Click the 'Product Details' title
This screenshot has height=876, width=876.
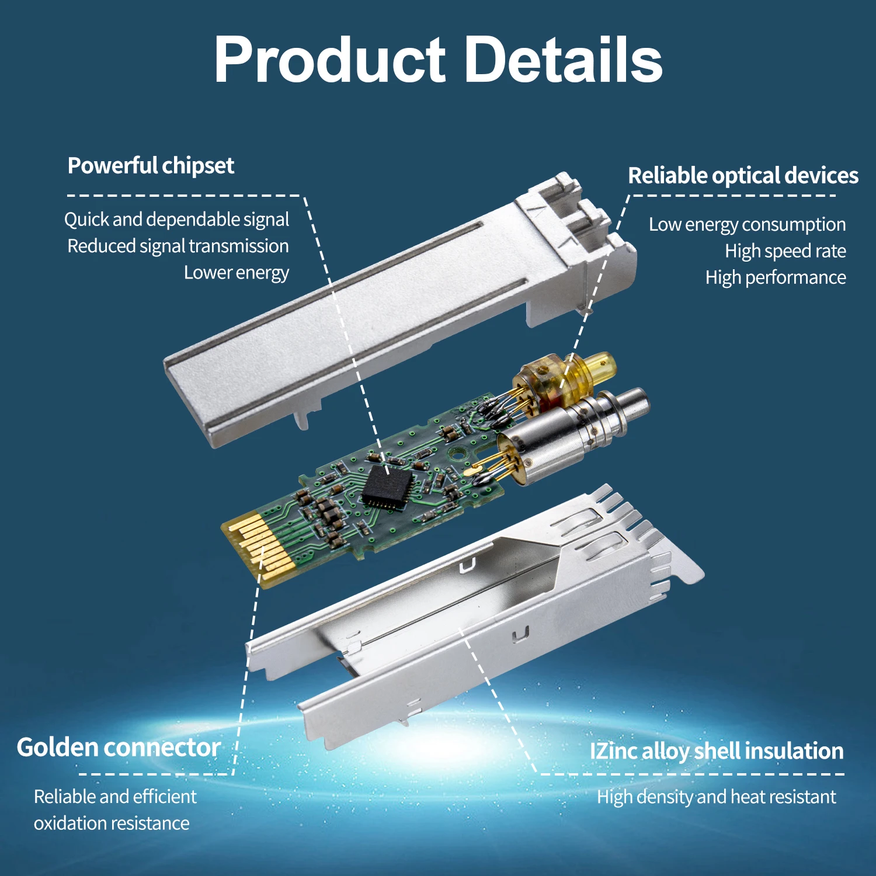pyautogui.click(x=438, y=60)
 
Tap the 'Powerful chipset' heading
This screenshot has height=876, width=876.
pyautogui.click(x=151, y=166)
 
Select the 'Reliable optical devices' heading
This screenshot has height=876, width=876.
pyautogui.click(x=743, y=175)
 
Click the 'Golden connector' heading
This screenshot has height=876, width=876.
pyautogui.click(x=119, y=748)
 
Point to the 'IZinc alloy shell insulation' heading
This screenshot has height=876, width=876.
pyautogui.click(x=717, y=751)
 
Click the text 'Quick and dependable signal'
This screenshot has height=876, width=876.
pyautogui.click(x=176, y=220)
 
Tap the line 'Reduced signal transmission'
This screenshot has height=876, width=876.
pyautogui.click(x=178, y=246)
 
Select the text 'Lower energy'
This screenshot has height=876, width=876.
pyautogui.click(x=237, y=273)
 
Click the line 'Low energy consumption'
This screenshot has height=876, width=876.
pyautogui.click(x=747, y=224)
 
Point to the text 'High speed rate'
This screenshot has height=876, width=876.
pyautogui.click(x=785, y=251)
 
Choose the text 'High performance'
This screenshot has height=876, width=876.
pyautogui.click(x=776, y=277)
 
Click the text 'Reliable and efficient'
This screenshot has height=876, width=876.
pyautogui.click(x=115, y=797)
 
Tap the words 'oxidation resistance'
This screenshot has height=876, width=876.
pyautogui.click(x=112, y=823)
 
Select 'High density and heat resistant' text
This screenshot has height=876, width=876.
pyautogui.click(x=717, y=797)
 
